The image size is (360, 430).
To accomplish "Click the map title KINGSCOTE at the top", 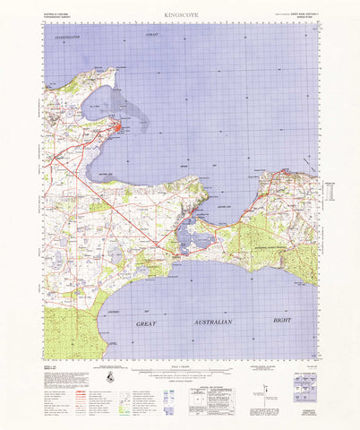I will pyautogui.click(x=179, y=15).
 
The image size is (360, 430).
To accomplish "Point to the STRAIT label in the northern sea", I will pyautogui.click(x=150, y=33).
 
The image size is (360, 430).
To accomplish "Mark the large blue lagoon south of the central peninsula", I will pyautogui.click(x=192, y=236).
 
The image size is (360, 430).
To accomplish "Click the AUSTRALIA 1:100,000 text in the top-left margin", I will pyautogui.click(x=61, y=13).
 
